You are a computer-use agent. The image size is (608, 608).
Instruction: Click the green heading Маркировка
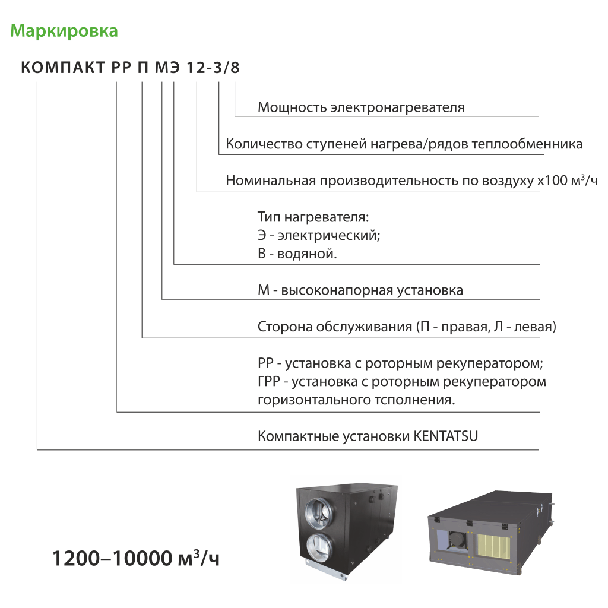(64, 31)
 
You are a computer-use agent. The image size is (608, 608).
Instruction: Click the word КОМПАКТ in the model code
(63, 68)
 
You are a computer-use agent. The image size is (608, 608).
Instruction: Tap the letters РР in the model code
(121, 68)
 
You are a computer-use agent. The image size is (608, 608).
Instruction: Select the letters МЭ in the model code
(167, 68)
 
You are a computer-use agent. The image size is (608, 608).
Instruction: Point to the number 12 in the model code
(196, 68)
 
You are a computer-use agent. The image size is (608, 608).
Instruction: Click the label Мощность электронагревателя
(361, 107)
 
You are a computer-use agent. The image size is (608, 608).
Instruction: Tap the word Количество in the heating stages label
(264, 144)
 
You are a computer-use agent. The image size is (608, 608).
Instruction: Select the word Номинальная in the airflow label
(271, 180)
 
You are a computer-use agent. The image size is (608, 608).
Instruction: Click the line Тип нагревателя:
(313, 217)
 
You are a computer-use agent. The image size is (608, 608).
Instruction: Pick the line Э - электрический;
(319, 235)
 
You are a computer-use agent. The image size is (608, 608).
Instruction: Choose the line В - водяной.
(297, 254)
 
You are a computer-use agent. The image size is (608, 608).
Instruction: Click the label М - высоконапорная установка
(360, 290)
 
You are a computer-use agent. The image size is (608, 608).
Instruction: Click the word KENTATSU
(445, 436)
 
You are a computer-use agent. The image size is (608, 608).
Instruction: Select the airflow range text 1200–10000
(112, 559)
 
